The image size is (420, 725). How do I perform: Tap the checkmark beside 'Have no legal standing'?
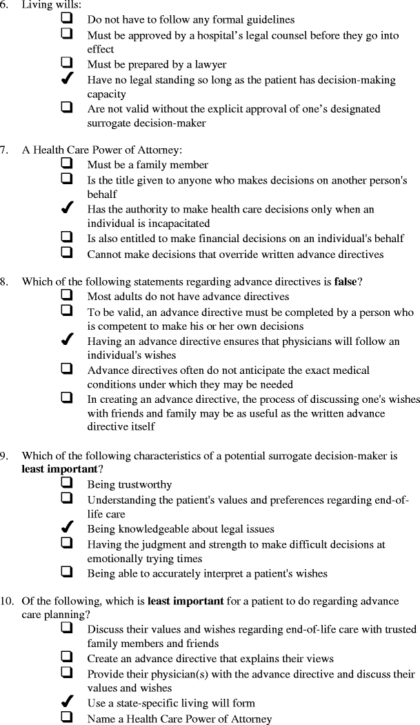[68, 79]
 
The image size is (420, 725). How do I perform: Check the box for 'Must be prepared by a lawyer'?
[68, 63]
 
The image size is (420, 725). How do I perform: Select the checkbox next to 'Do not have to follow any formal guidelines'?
[68, 19]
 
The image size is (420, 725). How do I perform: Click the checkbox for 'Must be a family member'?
[68, 163]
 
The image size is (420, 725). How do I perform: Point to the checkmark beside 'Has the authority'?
[68, 208]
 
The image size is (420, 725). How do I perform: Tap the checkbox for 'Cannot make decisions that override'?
[68, 252]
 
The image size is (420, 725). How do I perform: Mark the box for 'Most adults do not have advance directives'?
[68, 295]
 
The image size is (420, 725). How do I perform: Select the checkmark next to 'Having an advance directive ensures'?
[68, 340]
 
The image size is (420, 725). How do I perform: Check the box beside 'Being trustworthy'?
[68, 484]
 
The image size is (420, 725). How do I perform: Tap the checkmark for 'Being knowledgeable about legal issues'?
[68, 528]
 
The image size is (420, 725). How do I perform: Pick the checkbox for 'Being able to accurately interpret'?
[68, 572]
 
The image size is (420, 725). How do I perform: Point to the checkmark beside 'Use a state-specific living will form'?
[68, 703]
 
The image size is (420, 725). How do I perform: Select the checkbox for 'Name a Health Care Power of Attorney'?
[68, 717]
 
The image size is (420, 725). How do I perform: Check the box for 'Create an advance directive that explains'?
[68, 657]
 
